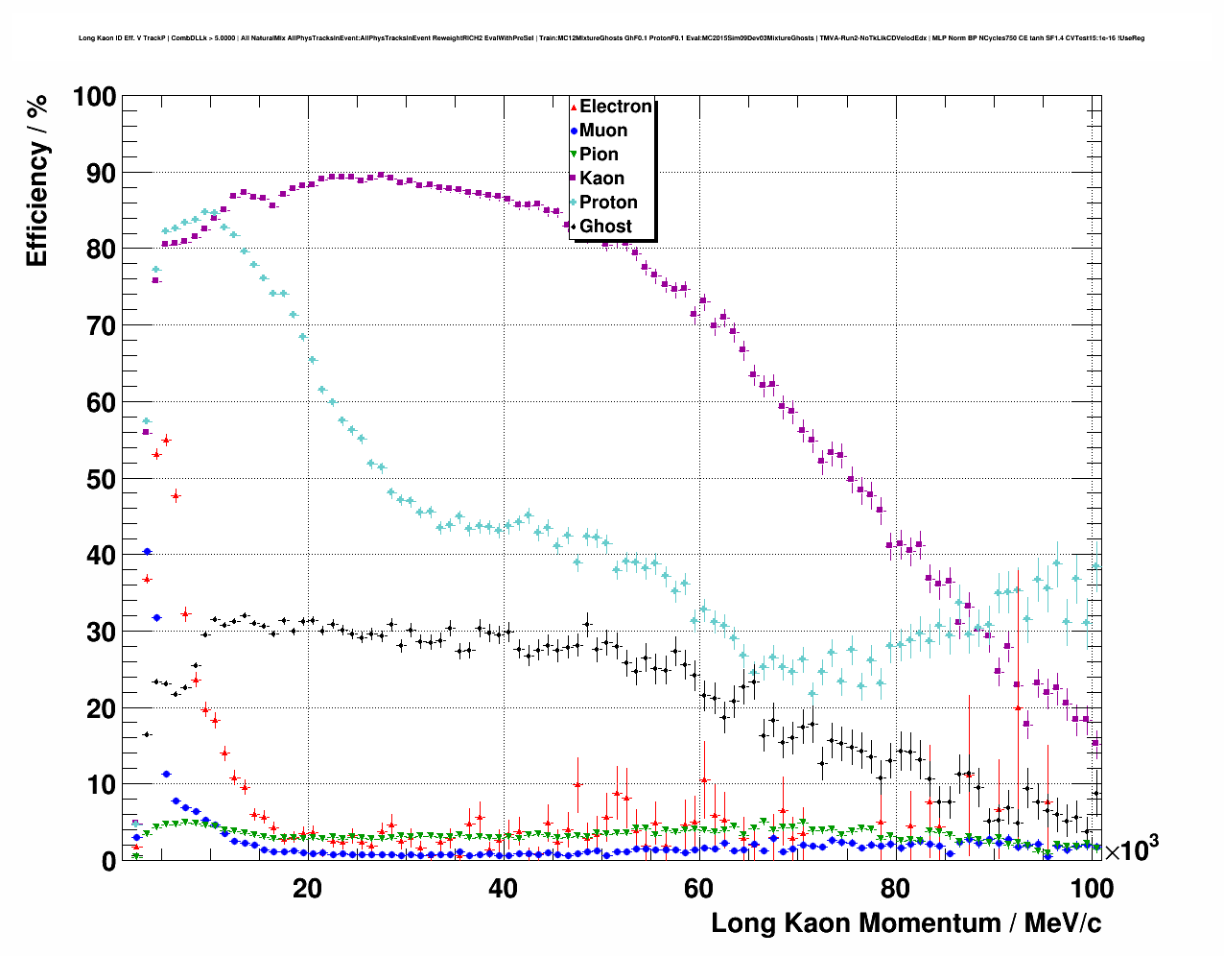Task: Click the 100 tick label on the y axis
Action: coord(94,97)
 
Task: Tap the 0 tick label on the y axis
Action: coord(108,861)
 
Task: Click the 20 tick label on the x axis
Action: coord(307,888)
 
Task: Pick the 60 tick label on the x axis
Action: coord(698,888)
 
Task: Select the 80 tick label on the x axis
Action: coord(895,888)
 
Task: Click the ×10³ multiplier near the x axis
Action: coord(1131,849)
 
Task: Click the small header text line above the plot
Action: coord(611,38)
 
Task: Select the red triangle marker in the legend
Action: coord(574,107)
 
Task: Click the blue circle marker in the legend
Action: coord(574,131)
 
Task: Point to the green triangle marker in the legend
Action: coord(574,155)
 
